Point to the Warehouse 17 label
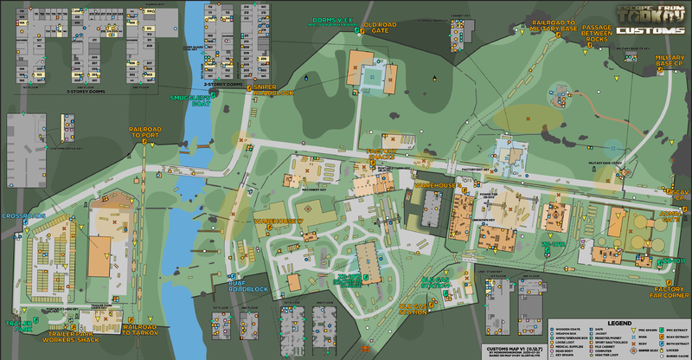click(278, 222)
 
